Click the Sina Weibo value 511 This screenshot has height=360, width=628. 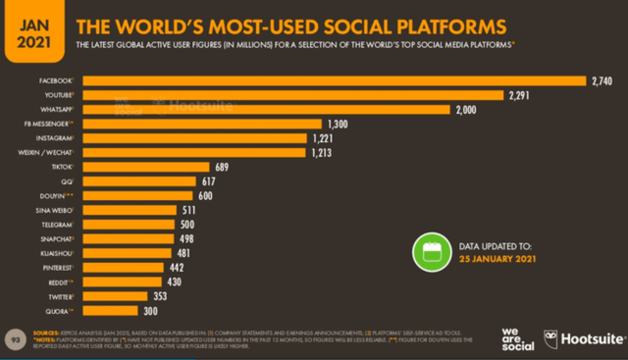(209, 210)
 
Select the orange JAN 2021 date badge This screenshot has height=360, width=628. (32, 29)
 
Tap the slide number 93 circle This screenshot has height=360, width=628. (15, 338)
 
